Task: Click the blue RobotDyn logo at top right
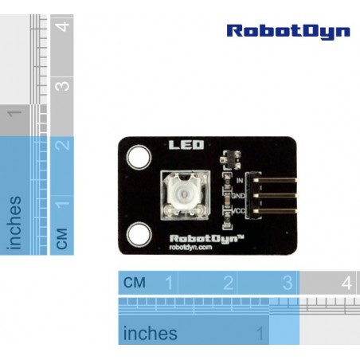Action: [x=288, y=32]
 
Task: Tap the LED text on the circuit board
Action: [x=186, y=145]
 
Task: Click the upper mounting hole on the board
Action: [x=139, y=157]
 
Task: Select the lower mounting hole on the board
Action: [x=139, y=235]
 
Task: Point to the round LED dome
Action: [x=182, y=193]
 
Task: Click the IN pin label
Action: [x=240, y=181]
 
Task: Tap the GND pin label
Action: [x=238, y=196]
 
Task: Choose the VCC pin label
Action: [x=239, y=211]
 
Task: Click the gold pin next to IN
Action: [x=275, y=180]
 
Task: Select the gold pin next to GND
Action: [x=275, y=196]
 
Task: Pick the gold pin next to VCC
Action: [x=275, y=211]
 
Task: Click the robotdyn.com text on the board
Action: [x=190, y=248]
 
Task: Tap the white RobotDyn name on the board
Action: [x=206, y=239]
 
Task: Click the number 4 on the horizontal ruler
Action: [x=346, y=283]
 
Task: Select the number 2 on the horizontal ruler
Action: [x=229, y=283]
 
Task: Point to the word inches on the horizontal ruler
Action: [x=151, y=333]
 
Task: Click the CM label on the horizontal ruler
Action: [x=135, y=283]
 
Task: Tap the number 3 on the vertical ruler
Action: [x=62, y=86]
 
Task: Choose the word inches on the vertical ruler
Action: [x=14, y=223]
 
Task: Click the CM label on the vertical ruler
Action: [x=62, y=239]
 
